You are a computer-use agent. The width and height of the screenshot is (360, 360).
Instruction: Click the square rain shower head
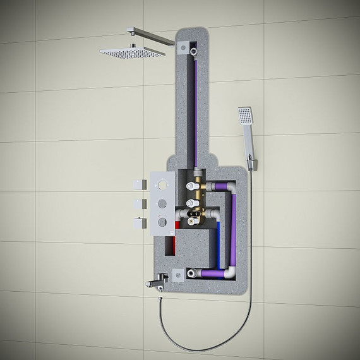(133, 52)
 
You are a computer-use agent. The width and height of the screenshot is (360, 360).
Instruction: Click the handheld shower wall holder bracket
(253, 164)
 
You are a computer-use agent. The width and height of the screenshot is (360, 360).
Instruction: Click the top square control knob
(138, 184)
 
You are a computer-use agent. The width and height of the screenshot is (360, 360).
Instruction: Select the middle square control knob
(138, 203)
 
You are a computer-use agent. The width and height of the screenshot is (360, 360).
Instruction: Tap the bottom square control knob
(138, 223)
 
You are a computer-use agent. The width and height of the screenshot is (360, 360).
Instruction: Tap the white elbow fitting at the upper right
(231, 188)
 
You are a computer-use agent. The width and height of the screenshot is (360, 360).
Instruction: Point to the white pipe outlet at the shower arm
(193, 49)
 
